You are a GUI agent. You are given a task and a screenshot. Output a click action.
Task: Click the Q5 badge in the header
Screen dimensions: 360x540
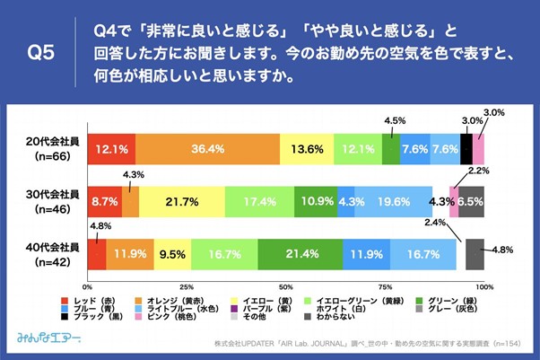(x=41, y=53)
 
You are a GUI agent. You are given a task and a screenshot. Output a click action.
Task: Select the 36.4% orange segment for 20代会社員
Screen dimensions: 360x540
(x=207, y=149)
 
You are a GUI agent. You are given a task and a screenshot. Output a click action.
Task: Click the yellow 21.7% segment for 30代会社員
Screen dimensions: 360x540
(x=182, y=202)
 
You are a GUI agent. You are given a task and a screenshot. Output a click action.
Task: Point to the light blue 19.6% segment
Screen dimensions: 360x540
(x=394, y=202)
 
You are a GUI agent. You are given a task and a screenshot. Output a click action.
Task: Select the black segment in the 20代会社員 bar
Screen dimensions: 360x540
(x=466, y=149)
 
